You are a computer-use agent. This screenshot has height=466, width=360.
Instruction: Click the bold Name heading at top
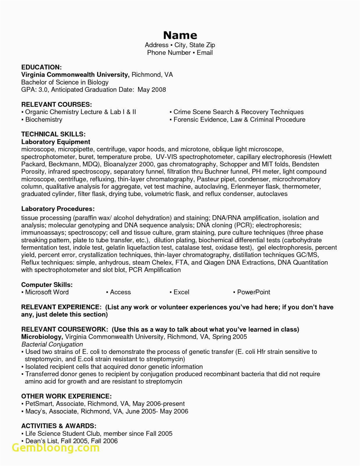[180, 35]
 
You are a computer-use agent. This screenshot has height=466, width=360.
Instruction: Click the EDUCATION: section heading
[41, 67]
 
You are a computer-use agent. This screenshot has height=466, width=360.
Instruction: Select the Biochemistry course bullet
[43, 119]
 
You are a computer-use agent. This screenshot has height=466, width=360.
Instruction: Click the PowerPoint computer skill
[253, 292]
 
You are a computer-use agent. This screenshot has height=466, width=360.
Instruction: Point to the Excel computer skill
[181, 292]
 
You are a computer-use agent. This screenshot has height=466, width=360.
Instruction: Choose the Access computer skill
[120, 292]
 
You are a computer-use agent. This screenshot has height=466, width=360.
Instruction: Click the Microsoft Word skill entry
[47, 292]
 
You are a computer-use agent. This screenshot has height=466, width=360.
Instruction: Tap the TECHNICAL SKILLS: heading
[53, 134]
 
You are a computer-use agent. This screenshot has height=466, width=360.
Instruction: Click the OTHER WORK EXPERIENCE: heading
[66, 396]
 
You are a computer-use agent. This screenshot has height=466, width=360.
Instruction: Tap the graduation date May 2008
[151, 90]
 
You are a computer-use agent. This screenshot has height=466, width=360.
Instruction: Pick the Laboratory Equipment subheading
[56, 142]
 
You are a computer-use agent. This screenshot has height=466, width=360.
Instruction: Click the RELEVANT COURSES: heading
[57, 105]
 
